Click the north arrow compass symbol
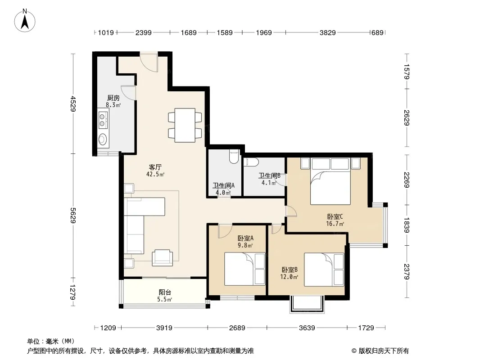coord(25,21)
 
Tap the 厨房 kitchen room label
coord(113,98)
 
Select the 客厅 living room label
coord(155,167)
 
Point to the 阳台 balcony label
coord(165,292)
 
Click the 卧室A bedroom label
coord(245,238)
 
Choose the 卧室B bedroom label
coord(290,270)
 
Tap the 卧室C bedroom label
coord(335,216)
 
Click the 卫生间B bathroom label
coord(269,175)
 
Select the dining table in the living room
coord(185,125)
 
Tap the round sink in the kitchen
coord(103,139)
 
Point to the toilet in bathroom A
coord(234,157)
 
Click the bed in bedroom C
coord(331,181)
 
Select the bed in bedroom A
coord(245,269)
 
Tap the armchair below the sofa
coord(162,257)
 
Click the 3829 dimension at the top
coord(327,32)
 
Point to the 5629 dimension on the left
coord(73,216)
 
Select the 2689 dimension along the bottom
coord(237,328)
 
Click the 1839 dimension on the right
coord(407,225)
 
